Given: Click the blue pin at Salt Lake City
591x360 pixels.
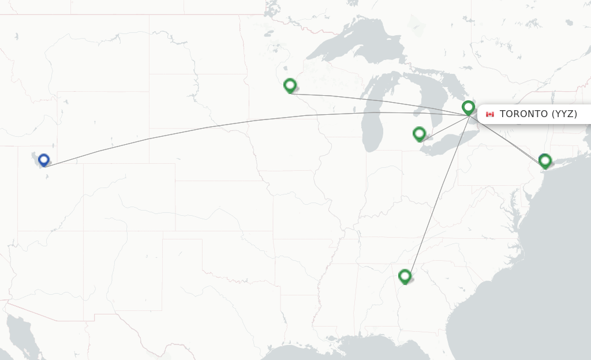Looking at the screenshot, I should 43,160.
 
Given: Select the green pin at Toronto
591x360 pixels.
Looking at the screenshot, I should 468,107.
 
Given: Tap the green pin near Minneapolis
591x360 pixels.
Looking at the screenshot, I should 290,85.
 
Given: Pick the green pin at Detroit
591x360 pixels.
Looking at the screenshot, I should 419,134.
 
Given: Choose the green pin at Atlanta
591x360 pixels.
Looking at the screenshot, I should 405,276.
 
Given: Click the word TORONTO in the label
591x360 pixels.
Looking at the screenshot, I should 523,114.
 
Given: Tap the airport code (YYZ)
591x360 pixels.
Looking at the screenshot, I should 564,114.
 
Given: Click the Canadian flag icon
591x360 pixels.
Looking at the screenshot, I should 490,114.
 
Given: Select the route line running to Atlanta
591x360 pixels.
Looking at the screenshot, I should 439,190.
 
